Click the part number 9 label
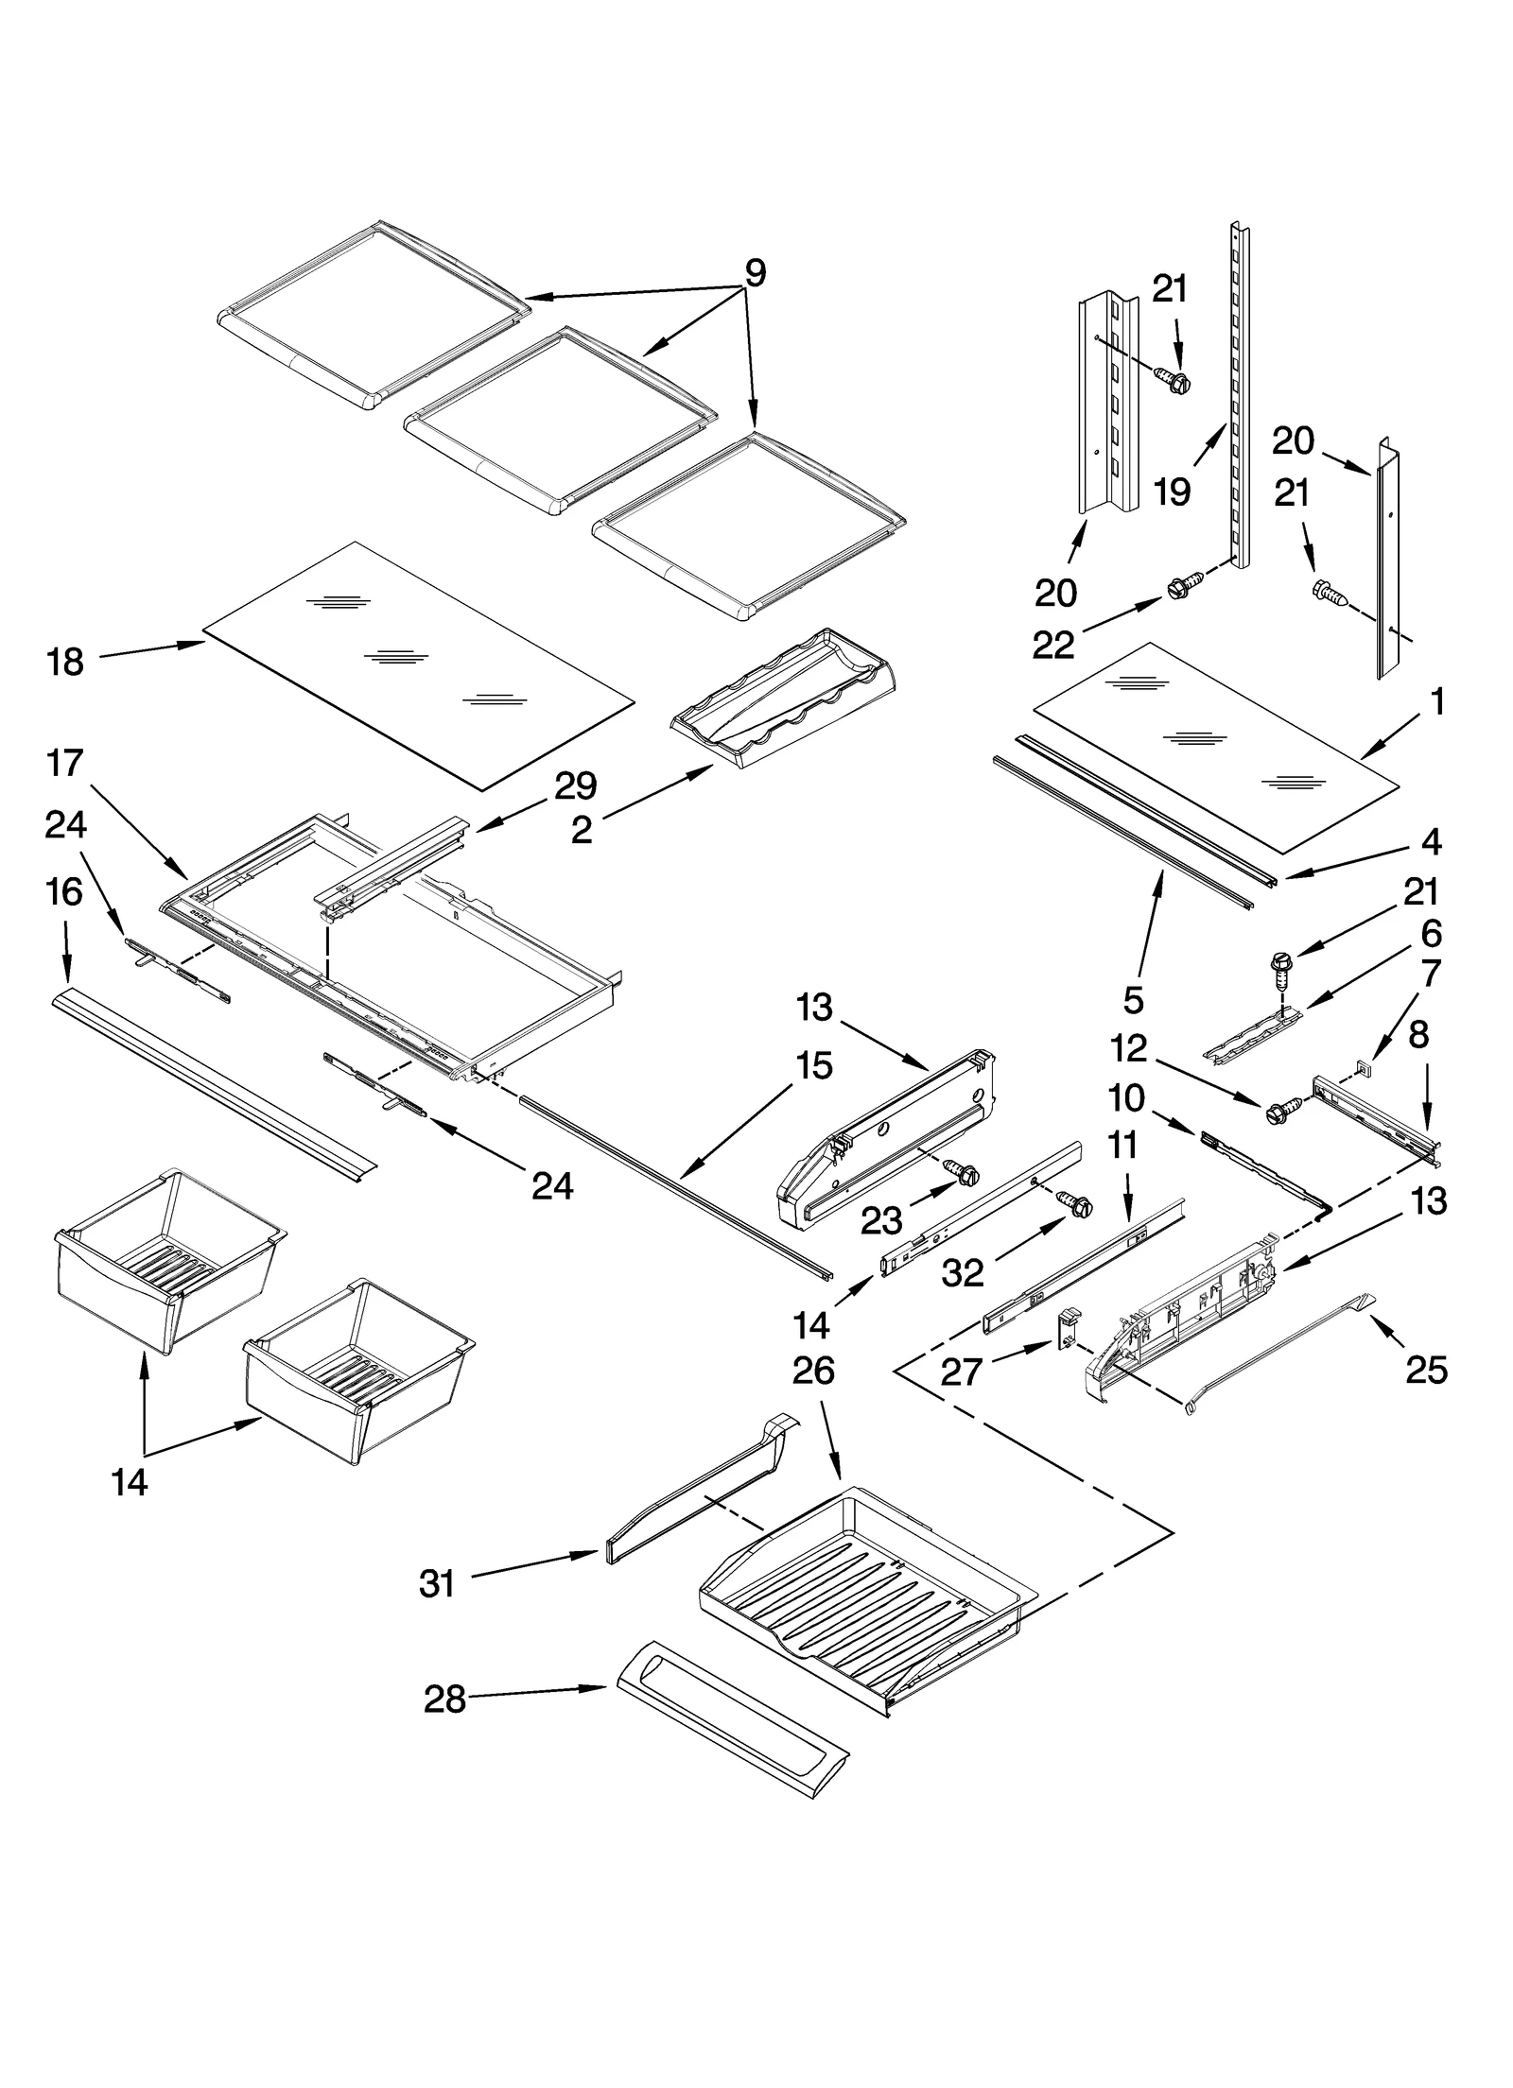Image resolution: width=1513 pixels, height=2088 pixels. pyautogui.click(x=755, y=273)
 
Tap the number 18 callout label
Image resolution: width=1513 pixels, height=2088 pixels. pyautogui.click(x=65, y=663)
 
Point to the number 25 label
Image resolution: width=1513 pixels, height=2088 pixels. pyautogui.click(x=1426, y=1370)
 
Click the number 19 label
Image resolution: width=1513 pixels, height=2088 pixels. pyautogui.click(x=1173, y=492)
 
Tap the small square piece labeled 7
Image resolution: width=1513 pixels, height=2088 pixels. pyautogui.click(x=1363, y=1067)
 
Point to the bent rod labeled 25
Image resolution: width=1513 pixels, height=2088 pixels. pyautogui.click(x=1277, y=1353)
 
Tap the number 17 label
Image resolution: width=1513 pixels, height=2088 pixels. pyautogui.click(x=65, y=763)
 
